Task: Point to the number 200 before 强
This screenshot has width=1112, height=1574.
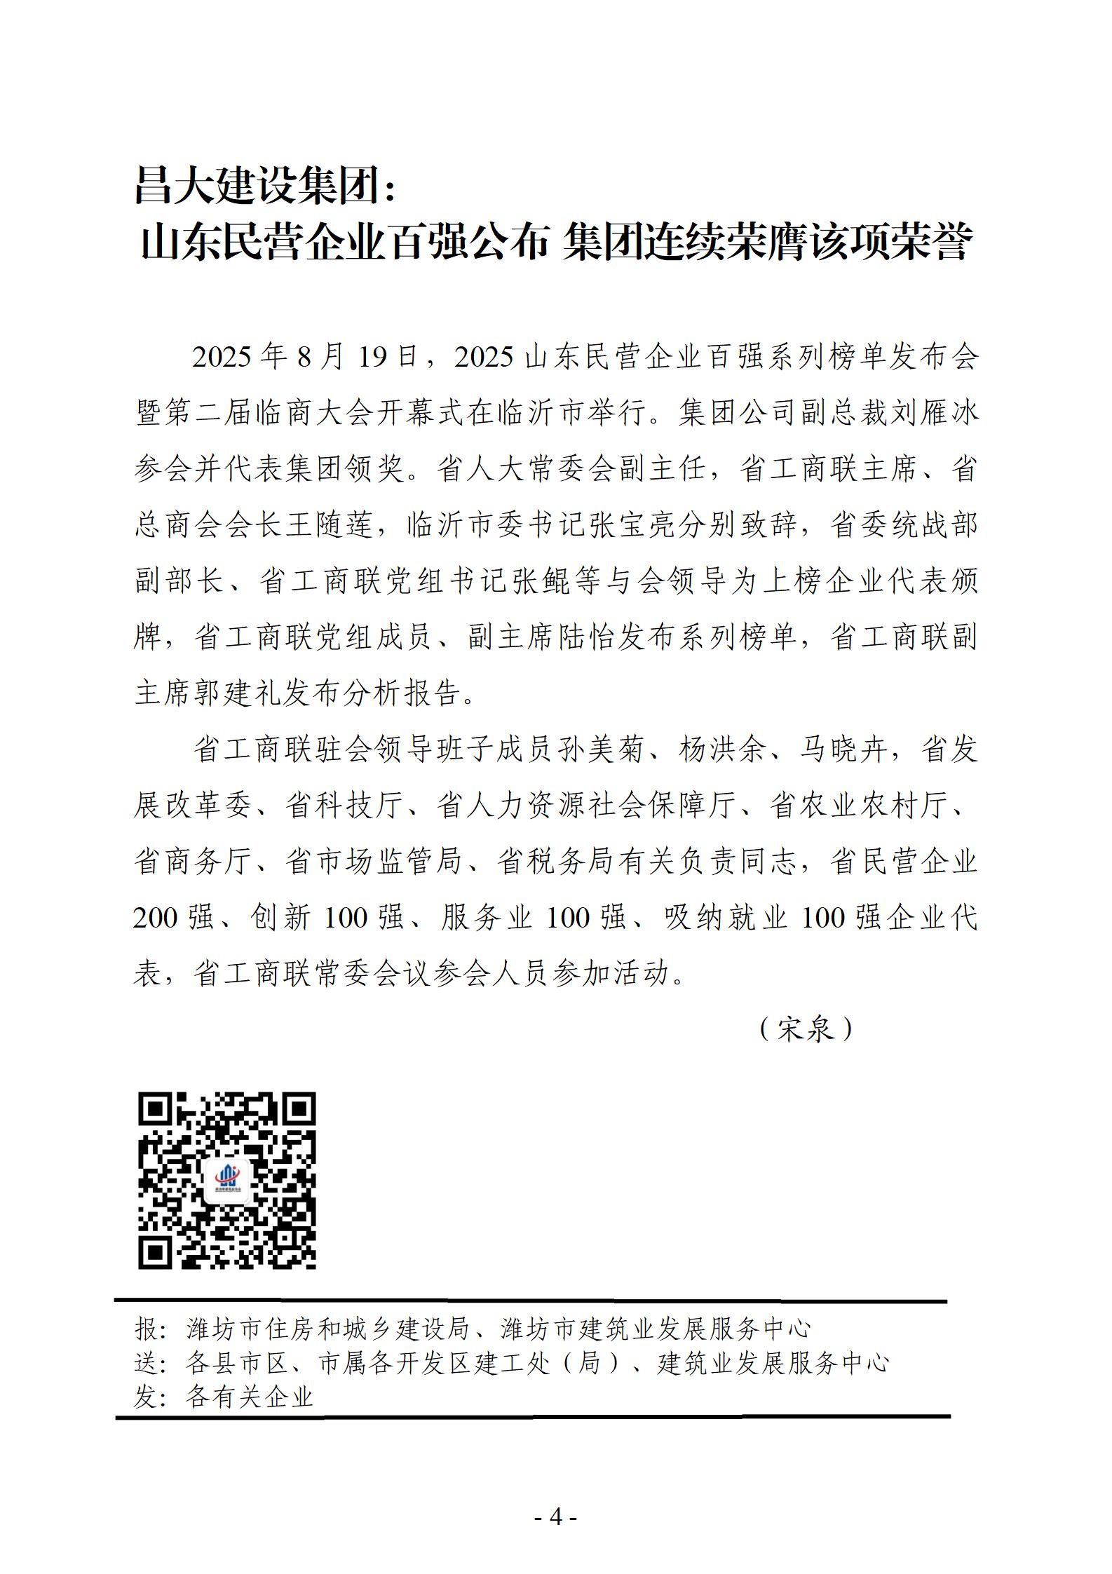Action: point(156,918)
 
